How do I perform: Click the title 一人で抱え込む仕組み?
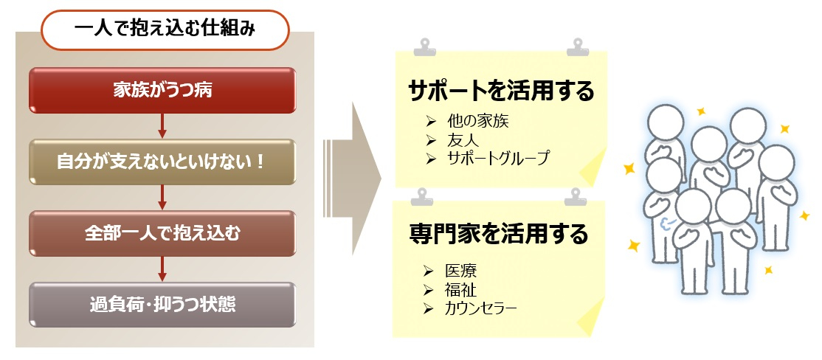[x=165, y=30]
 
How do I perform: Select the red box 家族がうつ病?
[x=162, y=90]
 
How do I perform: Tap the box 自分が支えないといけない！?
[x=162, y=162]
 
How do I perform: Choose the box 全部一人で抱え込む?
[x=162, y=234]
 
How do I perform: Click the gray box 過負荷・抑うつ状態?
[x=162, y=305]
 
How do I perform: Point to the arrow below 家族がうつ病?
[x=162, y=125]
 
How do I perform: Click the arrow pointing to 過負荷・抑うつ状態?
[x=162, y=269]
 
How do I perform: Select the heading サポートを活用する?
[x=502, y=91]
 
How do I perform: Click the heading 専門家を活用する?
[x=499, y=235]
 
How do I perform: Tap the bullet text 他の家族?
[x=478, y=122]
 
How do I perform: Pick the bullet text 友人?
[x=463, y=140]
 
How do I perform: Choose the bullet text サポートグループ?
[x=499, y=158]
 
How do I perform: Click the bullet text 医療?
[x=460, y=271]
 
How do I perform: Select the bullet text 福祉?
[x=460, y=289]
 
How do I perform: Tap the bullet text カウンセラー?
[x=480, y=308]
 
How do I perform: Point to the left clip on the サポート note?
[x=424, y=46]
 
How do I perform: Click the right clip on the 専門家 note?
[x=575, y=197]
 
